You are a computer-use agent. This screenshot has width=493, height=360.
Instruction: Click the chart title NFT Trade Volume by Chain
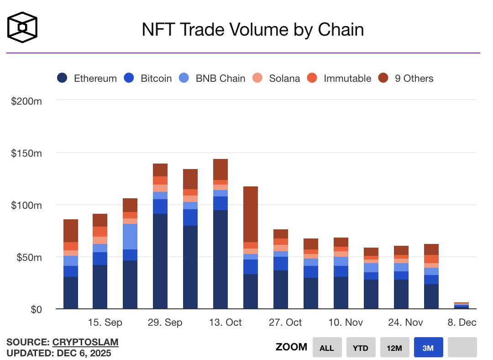(252, 30)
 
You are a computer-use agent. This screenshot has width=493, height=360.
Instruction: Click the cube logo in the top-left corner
(22, 27)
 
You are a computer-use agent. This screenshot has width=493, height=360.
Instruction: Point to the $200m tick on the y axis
(26, 101)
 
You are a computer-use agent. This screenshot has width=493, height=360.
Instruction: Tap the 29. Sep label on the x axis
(165, 323)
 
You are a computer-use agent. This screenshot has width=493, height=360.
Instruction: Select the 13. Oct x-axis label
(225, 323)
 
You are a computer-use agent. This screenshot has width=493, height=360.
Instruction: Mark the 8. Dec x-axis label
(462, 323)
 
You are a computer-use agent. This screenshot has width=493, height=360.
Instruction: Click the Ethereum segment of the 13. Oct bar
(220, 259)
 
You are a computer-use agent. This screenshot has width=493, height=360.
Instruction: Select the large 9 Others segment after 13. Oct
(251, 214)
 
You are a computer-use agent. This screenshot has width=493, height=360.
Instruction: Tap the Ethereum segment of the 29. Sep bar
(160, 261)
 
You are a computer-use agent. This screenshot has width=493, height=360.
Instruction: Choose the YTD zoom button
(361, 348)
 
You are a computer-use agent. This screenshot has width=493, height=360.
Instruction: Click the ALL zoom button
(327, 348)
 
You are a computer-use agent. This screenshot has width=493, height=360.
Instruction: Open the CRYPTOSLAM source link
(85, 342)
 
